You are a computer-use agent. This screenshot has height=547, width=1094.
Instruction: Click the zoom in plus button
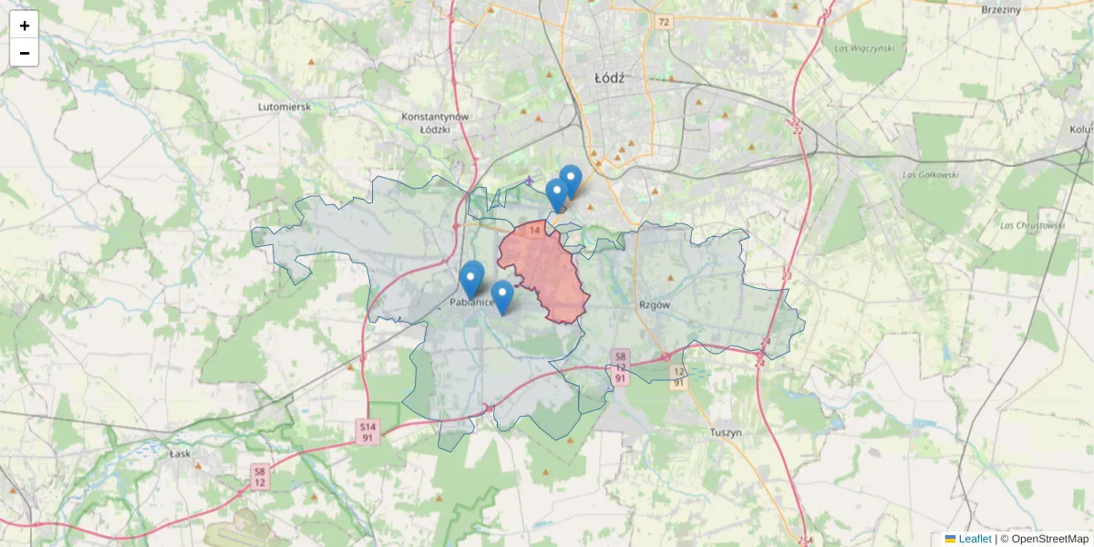(x=25, y=26)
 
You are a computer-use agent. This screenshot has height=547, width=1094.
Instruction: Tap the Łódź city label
(x=609, y=77)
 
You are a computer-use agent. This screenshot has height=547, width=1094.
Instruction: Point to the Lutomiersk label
(x=284, y=107)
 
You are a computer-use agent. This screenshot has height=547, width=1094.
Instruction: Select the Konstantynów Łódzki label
(x=435, y=123)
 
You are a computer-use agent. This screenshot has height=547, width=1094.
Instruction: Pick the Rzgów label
(x=655, y=305)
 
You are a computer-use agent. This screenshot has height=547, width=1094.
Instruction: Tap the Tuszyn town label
(x=726, y=432)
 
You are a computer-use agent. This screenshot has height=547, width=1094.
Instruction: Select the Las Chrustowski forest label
(x=1032, y=225)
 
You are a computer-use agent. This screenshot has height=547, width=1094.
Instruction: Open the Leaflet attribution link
(x=975, y=539)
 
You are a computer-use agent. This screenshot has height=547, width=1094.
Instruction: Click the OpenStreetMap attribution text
(x=1050, y=539)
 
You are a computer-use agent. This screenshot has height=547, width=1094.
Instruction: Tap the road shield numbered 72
(x=663, y=22)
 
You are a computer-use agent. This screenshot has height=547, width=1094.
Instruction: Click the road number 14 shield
(x=534, y=232)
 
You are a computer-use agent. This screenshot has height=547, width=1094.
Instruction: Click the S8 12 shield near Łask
(x=260, y=476)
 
